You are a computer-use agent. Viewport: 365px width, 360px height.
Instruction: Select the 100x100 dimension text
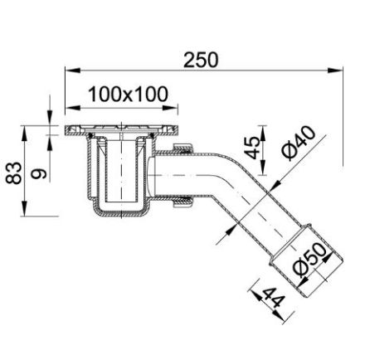(127, 94)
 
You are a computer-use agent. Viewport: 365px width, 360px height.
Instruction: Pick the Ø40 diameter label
(294, 143)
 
